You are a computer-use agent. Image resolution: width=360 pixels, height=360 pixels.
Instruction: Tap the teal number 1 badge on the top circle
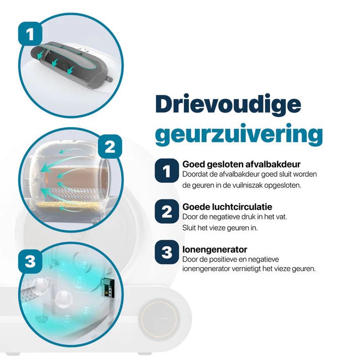30,34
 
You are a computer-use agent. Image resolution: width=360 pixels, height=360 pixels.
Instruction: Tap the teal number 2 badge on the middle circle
110,146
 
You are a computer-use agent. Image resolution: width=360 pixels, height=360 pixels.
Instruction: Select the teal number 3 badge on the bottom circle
30,261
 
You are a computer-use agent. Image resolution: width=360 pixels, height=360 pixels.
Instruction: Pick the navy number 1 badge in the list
167,171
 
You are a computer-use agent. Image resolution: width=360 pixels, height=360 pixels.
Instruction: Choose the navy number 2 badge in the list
167,211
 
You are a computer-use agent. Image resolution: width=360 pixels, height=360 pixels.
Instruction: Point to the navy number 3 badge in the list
167,252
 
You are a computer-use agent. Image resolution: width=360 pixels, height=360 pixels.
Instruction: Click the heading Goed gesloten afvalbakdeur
241,165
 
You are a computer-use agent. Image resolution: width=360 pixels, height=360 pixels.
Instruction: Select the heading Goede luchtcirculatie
227,207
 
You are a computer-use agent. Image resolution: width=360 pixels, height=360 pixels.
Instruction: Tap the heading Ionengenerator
215,249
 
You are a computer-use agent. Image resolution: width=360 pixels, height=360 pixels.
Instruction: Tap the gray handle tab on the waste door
109,78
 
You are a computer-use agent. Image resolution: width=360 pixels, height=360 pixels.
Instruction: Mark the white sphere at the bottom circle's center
64,299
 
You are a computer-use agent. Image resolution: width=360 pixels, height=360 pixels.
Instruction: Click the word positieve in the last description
209,260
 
